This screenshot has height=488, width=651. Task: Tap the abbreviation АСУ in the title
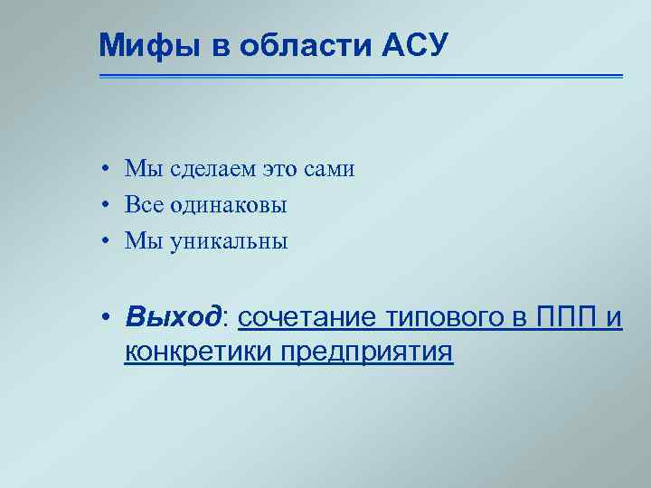(419, 43)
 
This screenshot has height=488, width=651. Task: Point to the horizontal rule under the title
(361, 76)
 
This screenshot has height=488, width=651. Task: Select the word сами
(332, 169)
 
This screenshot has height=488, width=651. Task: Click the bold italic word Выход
(173, 317)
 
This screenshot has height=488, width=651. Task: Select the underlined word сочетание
(308, 317)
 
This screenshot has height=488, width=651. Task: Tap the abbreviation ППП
(566, 317)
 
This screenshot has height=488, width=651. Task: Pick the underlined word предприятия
(366, 351)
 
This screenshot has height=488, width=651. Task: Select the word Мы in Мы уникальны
(142, 241)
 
